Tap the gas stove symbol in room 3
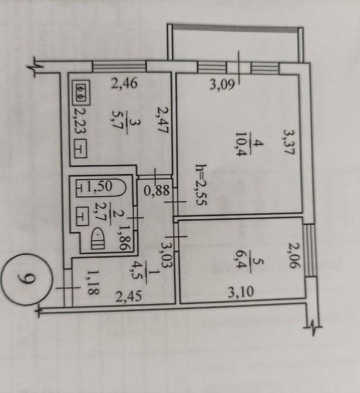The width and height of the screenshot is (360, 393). point(81,92)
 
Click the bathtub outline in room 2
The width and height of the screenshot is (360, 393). point(101,188)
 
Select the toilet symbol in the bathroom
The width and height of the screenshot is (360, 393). point(98,239)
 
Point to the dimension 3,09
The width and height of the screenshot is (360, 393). point(222,84)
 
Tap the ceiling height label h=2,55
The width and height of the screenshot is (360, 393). point(201,185)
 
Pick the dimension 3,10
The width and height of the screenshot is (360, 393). point(240,293)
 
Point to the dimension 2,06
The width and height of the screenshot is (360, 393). point(294,255)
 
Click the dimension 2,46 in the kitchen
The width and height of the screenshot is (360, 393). point(124,83)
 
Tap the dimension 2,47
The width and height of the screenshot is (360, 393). point(164,120)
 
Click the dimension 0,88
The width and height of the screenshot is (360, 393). point(157,191)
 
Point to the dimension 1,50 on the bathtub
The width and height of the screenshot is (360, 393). point(99,186)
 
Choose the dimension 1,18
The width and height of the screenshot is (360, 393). point(94,282)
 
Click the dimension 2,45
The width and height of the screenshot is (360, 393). point(128,296)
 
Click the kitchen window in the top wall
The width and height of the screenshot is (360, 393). point(119,66)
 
